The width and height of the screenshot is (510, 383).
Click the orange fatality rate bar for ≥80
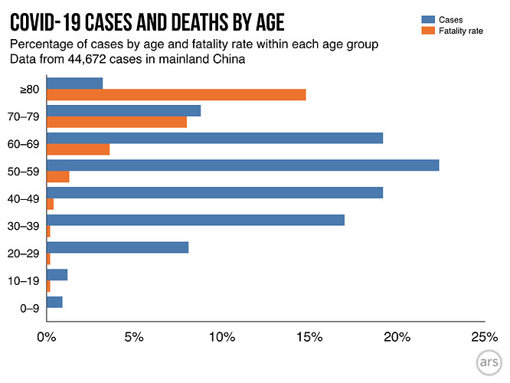pos(176,95)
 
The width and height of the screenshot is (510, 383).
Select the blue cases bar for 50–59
pos(243,165)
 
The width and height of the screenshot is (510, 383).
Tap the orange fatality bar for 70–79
pos(116,122)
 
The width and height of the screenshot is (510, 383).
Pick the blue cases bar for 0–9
pos(54,302)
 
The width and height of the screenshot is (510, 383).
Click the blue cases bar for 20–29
pos(118,247)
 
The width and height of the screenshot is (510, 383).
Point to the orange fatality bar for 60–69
pos(78,149)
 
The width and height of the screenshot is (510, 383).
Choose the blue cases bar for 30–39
pos(196,220)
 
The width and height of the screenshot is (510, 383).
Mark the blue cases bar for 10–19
pos(57,275)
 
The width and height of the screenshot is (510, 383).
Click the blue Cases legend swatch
pos(428,19)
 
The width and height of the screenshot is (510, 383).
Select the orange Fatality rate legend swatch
pos(428,31)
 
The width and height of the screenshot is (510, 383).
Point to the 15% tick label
pos(309,337)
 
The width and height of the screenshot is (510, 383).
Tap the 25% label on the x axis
pos(484,337)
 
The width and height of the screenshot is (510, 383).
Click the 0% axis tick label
pos(47,337)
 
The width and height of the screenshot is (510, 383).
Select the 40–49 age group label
pos(24,199)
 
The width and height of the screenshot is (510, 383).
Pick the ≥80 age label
pos(30,89)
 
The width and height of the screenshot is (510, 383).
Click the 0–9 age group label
pos(30,308)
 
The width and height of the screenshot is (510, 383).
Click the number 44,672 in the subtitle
pos(87,59)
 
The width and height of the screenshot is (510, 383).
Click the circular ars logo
pos(489,362)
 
